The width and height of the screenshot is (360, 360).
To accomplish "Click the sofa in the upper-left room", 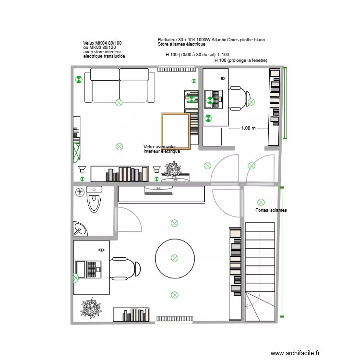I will pyautogui.click(x=120, y=85).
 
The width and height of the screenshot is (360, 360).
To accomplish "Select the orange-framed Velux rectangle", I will pyautogui.click(x=176, y=132).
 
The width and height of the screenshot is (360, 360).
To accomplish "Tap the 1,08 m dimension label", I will pyautogui.click(x=248, y=128).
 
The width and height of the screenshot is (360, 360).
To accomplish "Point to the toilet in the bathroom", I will pyautogui.click(x=94, y=200).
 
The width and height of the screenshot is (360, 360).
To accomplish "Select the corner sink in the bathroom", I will pyautogui.click(x=79, y=229).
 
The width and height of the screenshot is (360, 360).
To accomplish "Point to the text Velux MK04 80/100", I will pyautogui.click(x=102, y=43).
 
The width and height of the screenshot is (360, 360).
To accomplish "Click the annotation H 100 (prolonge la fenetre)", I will pyautogui.click(x=240, y=60).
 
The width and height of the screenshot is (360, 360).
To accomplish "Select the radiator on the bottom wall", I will pyautogui.click(x=175, y=318).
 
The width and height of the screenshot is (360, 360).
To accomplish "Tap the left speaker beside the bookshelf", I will pyautogui.click(x=82, y=169).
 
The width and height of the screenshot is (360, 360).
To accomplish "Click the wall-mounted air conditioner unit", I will pyautogui.click(x=159, y=191).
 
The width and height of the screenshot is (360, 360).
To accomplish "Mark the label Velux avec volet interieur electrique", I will pyautogui.click(x=162, y=149).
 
